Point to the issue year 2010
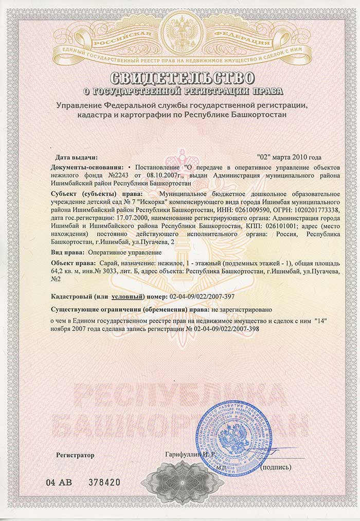[301, 157]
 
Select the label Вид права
[67, 252]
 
